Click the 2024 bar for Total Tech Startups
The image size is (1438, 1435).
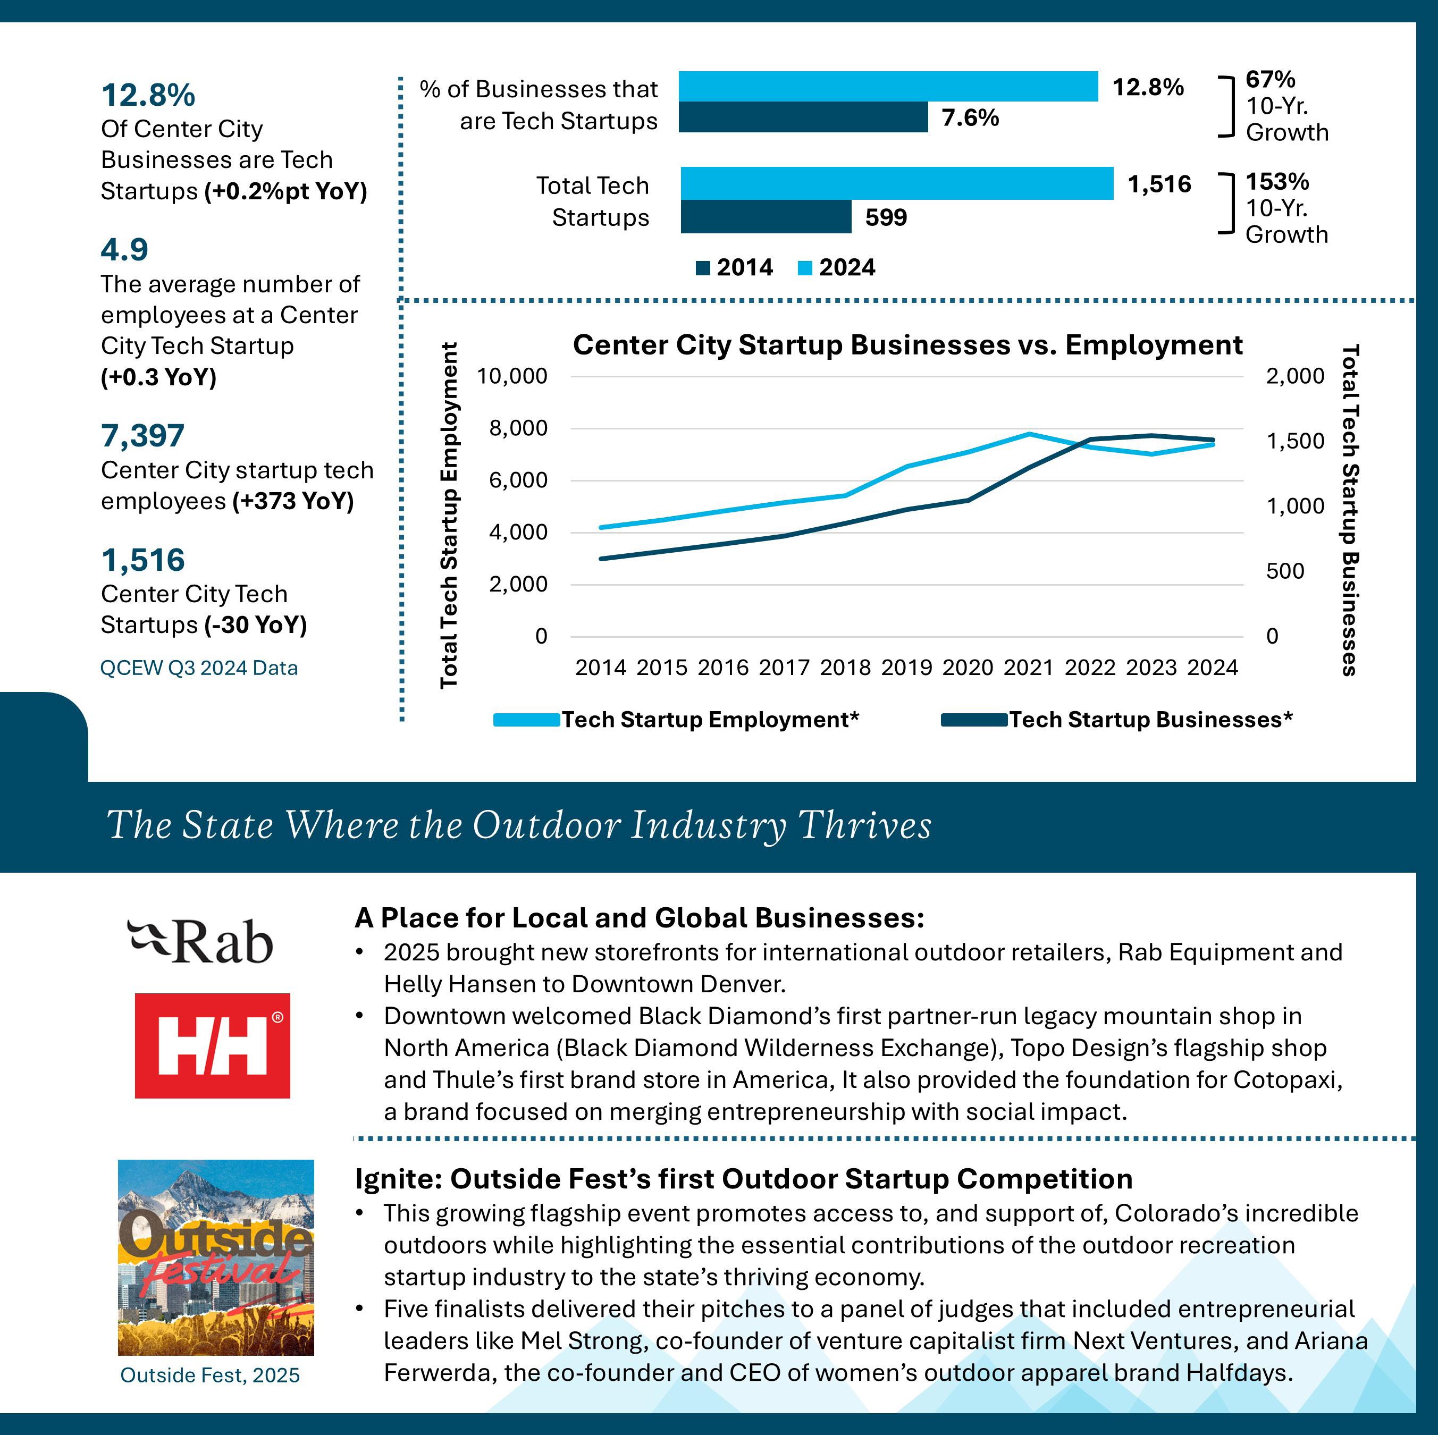pyautogui.click(x=896, y=184)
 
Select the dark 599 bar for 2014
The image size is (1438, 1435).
pyautogui.click(x=765, y=217)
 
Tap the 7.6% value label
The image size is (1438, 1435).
pyautogui.click(x=970, y=117)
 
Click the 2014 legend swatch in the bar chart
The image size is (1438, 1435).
pyautogui.click(x=703, y=268)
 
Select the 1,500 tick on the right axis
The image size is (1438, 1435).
pyautogui.click(x=1295, y=441)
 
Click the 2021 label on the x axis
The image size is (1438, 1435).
pyautogui.click(x=1028, y=668)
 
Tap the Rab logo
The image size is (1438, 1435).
pyautogui.click(x=200, y=942)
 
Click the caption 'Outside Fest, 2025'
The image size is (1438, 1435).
pyautogui.click(x=210, y=1375)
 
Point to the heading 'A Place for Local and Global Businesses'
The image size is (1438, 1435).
pyautogui.click(x=638, y=918)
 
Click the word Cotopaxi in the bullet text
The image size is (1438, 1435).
pyautogui.click(x=1287, y=1079)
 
